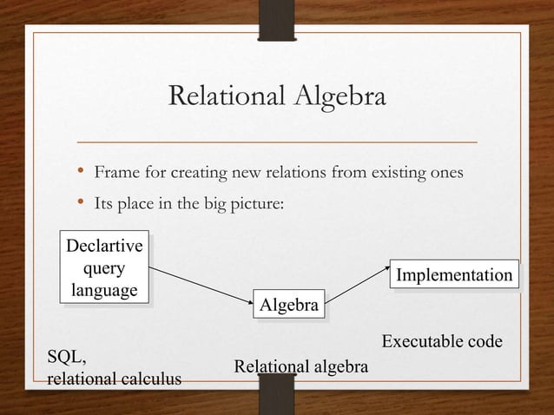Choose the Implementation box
[453, 275]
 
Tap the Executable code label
[441, 341]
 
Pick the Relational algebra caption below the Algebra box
[301, 368]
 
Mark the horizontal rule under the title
[277, 140]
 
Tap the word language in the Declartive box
[103, 289]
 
